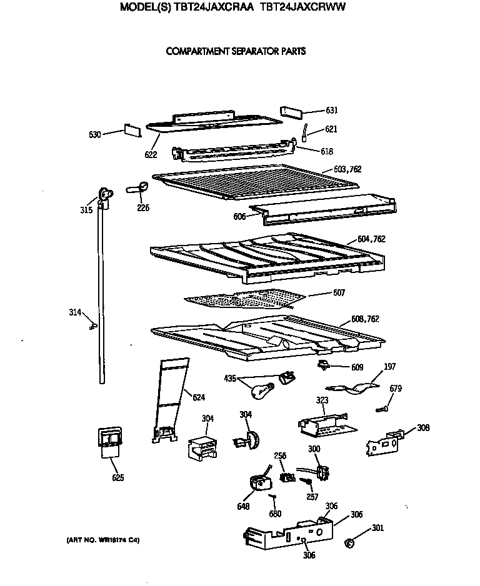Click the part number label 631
coord(331,111)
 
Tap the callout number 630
coord(95,134)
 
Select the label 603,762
coord(347,169)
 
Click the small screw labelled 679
coord(383,409)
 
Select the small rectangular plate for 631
coord(291,111)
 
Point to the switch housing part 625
coord(109,443)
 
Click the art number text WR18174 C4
coord(103,539)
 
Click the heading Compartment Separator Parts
coord(236,52)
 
